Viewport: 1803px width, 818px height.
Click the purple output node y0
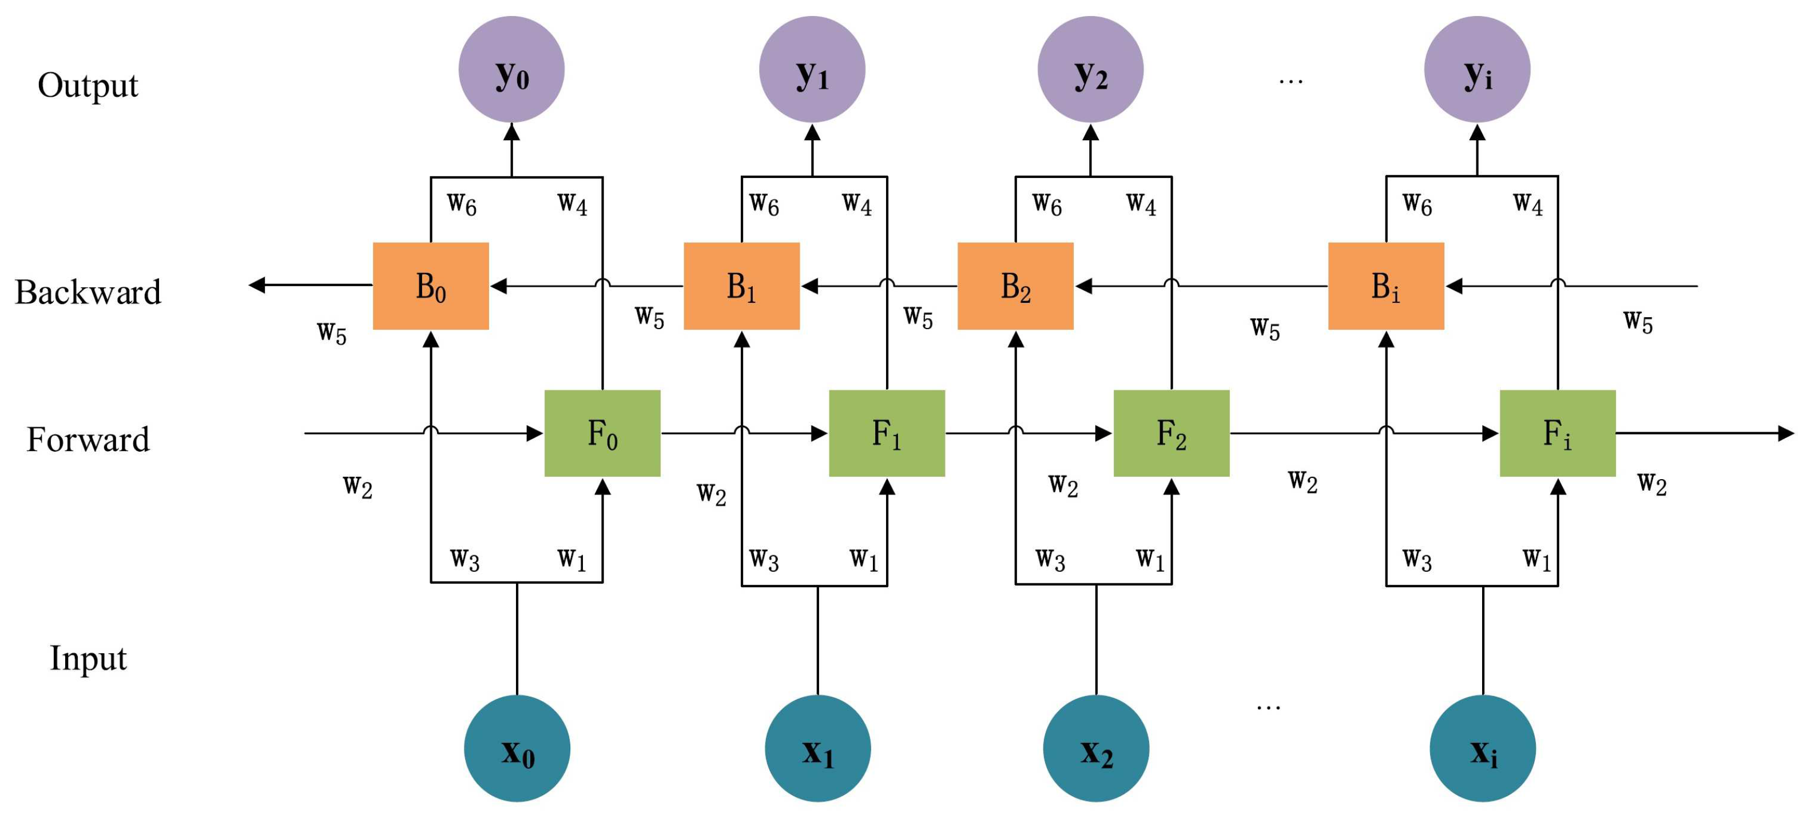pos(511,69)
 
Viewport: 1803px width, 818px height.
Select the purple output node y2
pos(1090,69)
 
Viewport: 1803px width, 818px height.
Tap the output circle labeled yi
pos(1477,69)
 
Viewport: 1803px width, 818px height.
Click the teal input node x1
pos(817,748)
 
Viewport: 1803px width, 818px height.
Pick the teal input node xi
pos(1483,748)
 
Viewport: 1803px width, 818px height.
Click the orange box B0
pos(431,286)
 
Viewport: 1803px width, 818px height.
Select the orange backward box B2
pos(1015,286)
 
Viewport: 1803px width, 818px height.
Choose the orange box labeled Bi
pos(1386,286)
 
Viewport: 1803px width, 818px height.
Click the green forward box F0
pos(602,433)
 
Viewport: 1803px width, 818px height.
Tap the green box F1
pos(887,433)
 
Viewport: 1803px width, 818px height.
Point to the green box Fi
pos(1558,433)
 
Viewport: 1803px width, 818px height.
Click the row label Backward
pos(88,291)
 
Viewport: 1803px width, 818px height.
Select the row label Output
pos(88,85)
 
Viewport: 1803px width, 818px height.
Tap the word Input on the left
pos(88,658)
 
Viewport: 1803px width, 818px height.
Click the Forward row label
pos(88,439)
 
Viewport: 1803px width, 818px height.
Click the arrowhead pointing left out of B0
pos(257,285)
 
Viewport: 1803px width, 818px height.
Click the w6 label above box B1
pos(764,204)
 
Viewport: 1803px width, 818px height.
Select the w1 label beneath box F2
pos(1150,559)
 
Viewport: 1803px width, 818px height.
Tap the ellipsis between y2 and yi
pos(1290,81)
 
